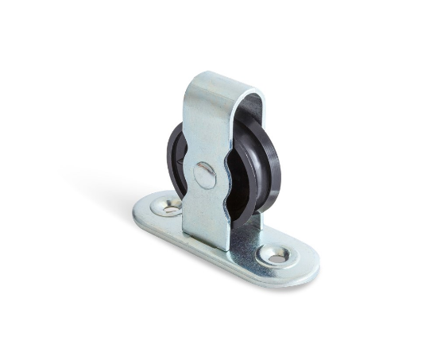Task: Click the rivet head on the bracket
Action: click(204, 174)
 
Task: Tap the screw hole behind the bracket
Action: click(169, 207)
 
